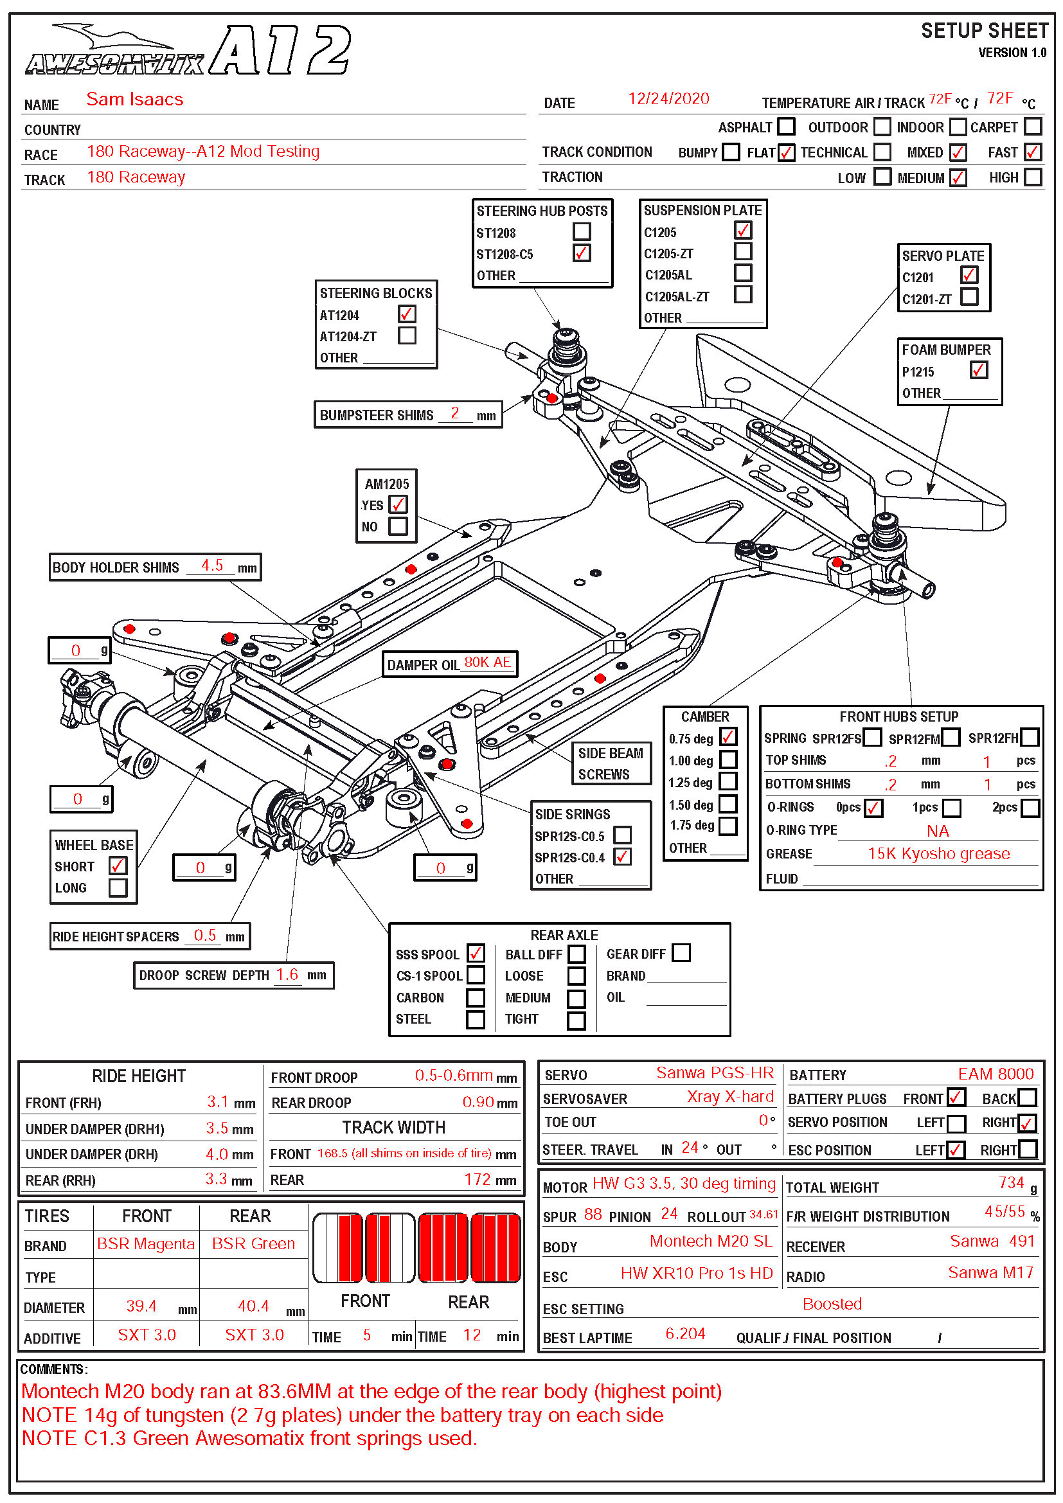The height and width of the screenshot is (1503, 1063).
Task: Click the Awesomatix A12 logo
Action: [x=188, y=51]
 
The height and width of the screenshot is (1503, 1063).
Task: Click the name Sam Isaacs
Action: [x=135, y=100]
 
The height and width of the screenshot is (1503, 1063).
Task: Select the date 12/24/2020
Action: [x=668, y=99]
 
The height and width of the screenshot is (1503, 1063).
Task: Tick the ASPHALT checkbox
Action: [x=786, y=127]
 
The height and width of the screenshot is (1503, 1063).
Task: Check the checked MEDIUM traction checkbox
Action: [x=958, y=177]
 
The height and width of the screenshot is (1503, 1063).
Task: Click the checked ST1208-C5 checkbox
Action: [x=581, y=253]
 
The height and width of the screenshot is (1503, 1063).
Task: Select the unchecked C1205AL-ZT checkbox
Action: [x=743, y=294]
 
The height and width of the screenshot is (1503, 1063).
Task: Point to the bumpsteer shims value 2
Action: [x=454, y=413]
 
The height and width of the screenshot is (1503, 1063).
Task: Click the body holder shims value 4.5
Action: [x=212, y=565]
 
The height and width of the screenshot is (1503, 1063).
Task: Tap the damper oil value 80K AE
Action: [x=487, y=663]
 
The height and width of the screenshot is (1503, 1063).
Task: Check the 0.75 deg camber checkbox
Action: [x=728, y=737]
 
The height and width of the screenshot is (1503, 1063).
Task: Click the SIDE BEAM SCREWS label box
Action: [x=610, y=763]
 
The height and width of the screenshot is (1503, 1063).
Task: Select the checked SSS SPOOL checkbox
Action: [x=476, y=953]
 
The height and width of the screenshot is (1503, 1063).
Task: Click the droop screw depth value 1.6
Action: [x=287, y=975]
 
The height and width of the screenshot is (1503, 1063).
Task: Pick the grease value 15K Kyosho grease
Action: [x=938, y=853]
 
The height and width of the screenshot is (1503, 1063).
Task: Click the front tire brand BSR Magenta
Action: [x=145, y=1244]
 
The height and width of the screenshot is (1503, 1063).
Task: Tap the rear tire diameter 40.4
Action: [x=253, y=1306]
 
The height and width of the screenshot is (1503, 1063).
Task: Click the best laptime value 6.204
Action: [x=684, y=1334]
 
